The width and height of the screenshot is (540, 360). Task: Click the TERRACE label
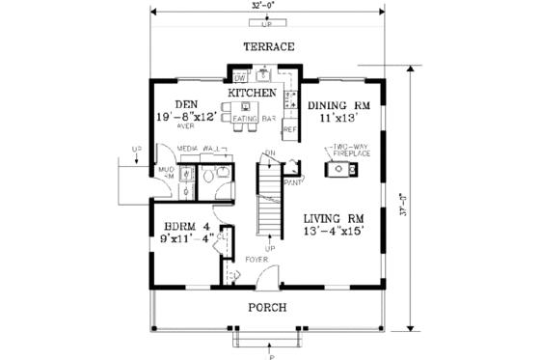[x=268, y=47]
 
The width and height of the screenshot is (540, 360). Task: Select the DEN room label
[x=186, y=104]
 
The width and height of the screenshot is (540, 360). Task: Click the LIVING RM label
[x=332, y=217]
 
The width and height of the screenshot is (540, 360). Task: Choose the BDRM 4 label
[x=184, y=228]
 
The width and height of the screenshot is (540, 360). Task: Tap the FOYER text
[x=256, y=259]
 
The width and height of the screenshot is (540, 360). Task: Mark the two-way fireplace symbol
[x=341, y=170]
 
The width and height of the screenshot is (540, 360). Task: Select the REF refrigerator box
[x=288, y=128]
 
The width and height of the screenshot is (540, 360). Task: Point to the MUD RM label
[x=163, y=173]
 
